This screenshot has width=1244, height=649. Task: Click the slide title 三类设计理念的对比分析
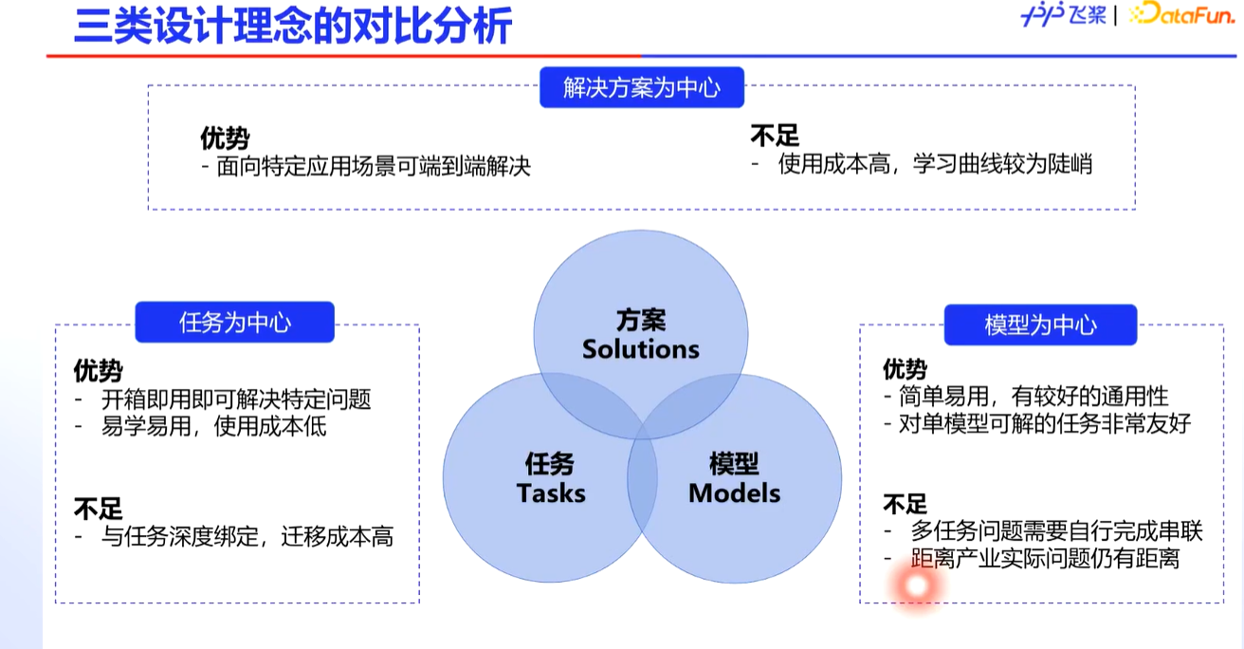(293, 27)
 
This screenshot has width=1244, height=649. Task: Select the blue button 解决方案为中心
(641, 88)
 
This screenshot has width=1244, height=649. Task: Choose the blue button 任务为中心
(235, 323)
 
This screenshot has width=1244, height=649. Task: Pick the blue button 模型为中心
(1040, 324)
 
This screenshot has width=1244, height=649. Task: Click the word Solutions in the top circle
(641, 349)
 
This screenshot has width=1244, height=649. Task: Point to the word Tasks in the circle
(551, 493)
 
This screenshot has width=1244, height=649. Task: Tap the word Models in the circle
(734, 493)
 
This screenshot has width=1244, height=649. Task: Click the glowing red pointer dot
(916, 586)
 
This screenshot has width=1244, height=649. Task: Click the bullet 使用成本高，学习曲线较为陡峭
(934, 164)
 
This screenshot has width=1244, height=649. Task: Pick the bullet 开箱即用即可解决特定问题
(235, 399)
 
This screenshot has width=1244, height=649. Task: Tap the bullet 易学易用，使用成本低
(213, 427)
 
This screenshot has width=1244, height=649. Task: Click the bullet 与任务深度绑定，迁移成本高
(247, 537)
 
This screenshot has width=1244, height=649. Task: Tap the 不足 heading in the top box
(775, 137)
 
